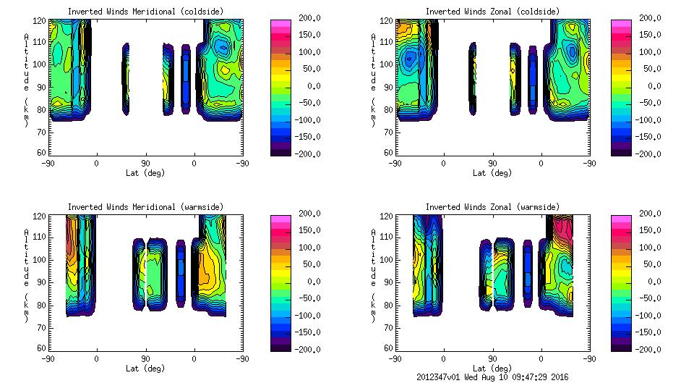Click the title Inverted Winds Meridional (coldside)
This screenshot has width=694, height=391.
[145, 12]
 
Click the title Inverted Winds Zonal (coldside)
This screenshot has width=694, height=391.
[492, 12]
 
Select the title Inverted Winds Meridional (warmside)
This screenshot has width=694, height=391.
[145, 207]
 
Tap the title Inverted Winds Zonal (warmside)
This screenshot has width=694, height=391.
[492, 207]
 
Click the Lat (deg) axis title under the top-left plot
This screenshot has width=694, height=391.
[145, 173]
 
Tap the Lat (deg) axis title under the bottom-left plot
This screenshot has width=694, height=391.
[145, 369]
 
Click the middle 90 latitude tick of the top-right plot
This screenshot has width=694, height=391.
[492, 164]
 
